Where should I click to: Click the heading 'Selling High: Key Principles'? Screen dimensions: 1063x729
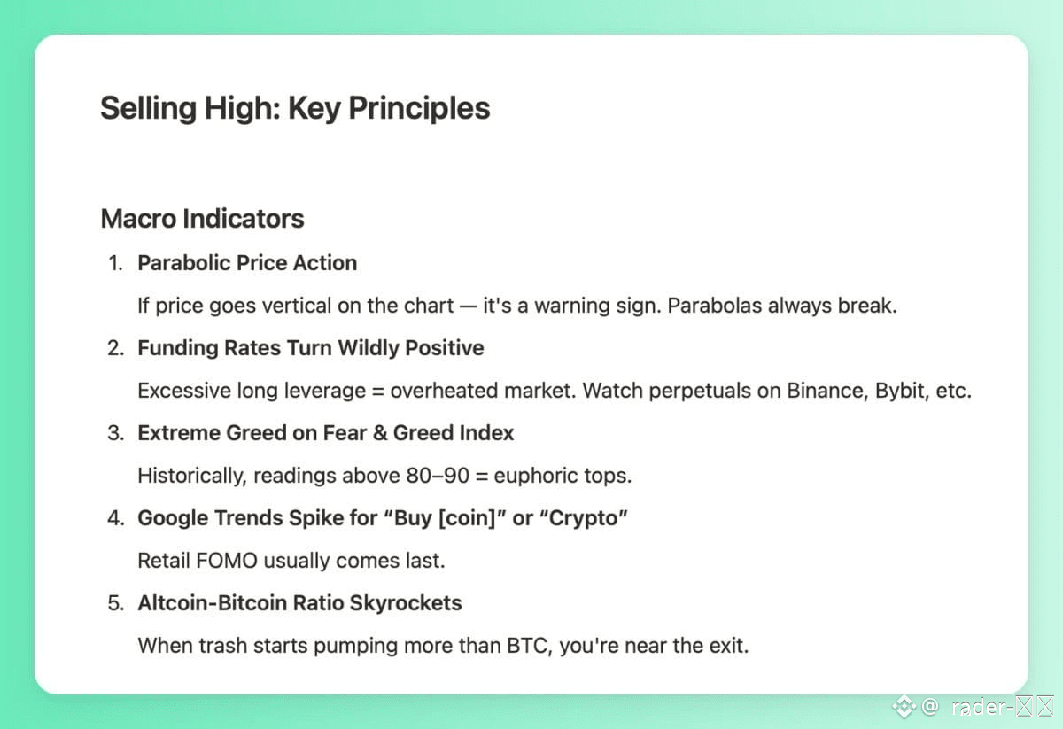point(295,109)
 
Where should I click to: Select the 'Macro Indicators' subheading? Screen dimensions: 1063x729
point(202,219)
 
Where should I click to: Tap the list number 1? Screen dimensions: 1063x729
point(115,263)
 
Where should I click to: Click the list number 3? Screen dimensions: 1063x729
point(116,433)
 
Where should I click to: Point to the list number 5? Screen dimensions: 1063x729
point(116,603)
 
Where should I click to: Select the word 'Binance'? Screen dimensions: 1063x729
point(827,391)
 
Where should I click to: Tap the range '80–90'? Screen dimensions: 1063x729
point(438,476)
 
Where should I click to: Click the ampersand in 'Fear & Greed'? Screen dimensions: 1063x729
point(380,433)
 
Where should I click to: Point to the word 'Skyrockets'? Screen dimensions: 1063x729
point(406,604)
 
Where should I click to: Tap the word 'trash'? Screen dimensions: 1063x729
point(222,646)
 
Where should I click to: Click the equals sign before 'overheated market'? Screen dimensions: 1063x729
point(377,392)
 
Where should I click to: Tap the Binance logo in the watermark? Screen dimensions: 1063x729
point(904,707)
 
